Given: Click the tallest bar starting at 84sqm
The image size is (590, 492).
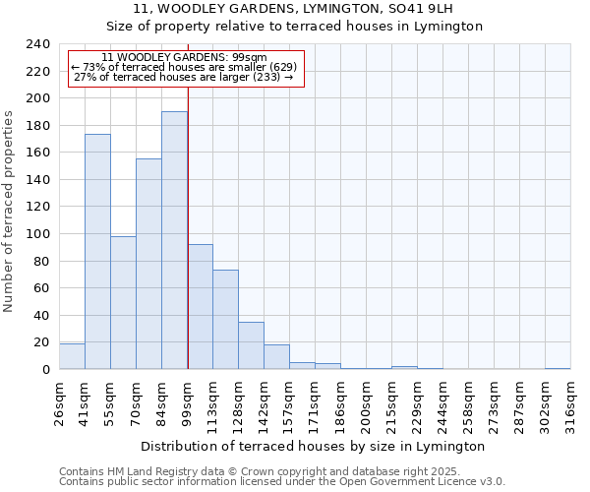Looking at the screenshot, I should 174,240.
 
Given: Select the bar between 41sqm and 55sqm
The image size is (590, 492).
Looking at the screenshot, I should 97,252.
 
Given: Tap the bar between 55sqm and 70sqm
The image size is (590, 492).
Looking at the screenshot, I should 123,302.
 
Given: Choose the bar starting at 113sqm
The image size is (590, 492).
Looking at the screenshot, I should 225,319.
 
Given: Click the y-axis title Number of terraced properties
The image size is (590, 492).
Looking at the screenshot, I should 9,212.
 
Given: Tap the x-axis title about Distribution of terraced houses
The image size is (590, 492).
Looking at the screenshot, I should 315,446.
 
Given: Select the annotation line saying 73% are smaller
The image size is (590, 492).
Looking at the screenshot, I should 184,67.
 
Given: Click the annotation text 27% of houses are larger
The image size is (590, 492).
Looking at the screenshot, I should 184,77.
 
